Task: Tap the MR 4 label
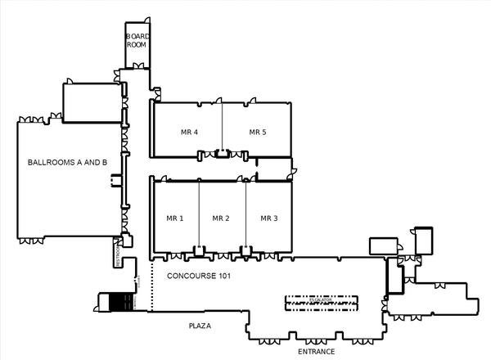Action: (x=189, y=132)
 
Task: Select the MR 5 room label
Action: (x=259, y=132)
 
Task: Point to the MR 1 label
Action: (x=175, y=218)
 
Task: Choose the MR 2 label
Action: (x=221, y=218)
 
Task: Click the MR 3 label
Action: (x=269, y=218)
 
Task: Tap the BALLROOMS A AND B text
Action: (x=67, y=163)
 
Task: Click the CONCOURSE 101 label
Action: (x=199, y=277)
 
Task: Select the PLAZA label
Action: (x=200, y=326)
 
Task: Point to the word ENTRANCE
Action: (x=316, y=352)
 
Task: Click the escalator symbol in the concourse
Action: (x=321, y=302)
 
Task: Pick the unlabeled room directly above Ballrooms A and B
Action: (x=92, y=102)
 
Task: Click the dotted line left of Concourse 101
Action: (x=151, y=286)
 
